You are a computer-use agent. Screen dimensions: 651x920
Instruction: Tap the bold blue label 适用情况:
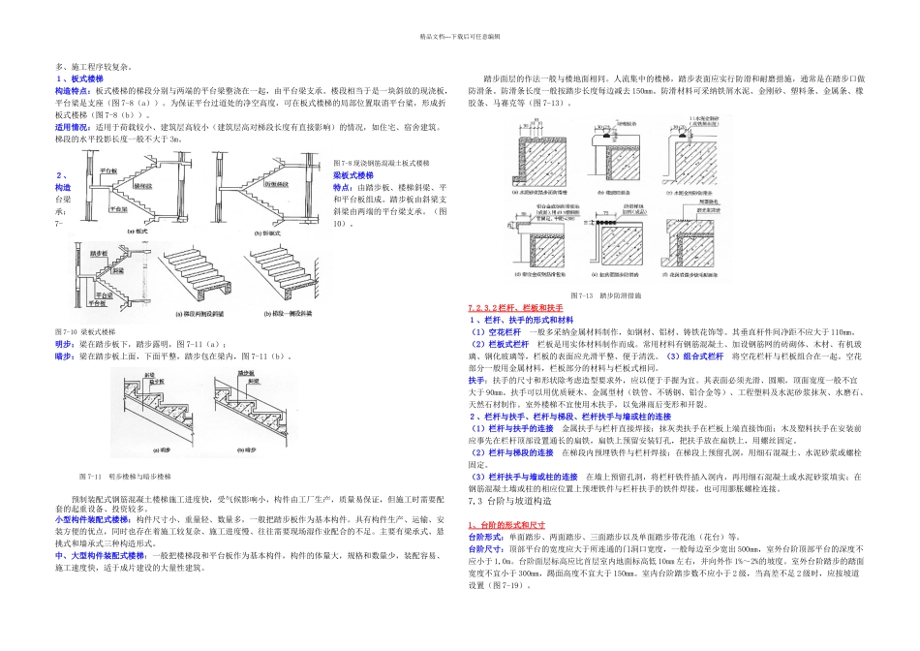(x=73, y=126)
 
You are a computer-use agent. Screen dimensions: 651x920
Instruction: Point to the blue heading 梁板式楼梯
(x=353, y=174)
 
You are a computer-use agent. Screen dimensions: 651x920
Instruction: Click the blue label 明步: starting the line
(x=65, y=343)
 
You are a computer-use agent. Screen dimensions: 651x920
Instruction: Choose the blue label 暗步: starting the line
(x=65, y=356)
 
